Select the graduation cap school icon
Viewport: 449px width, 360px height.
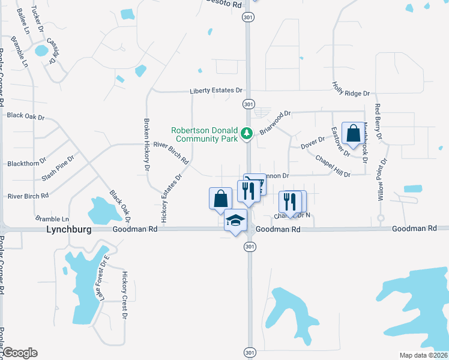pyautogui.click(x=235, y=221)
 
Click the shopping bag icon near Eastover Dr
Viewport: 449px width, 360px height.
pyautogui.click(x=352, y=134)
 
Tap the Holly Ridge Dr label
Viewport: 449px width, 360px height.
pyautogui.click(x=351, y=93)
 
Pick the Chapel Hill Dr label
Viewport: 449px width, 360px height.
pyautogui.click(x=333, y=166)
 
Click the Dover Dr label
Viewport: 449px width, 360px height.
pyautogui.click(x=312, y=143)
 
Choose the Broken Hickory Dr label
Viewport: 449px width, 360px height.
pyautogui.click(x=146, y=139)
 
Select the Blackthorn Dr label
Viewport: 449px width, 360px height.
pyautogui.click(x=24, y=163)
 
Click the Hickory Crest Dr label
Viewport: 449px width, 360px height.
pyautogui.click(x=125, y=290)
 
